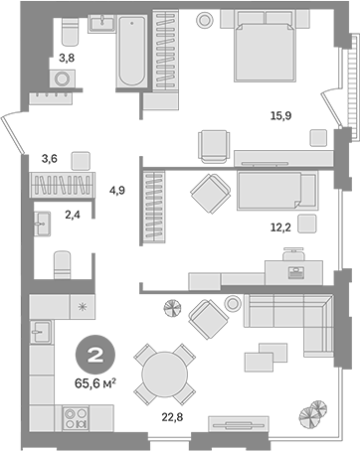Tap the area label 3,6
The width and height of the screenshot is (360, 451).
pyautogui.click(x=48, y=157)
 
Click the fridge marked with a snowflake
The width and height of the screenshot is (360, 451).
pyautogui.click(x=82, y=307)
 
